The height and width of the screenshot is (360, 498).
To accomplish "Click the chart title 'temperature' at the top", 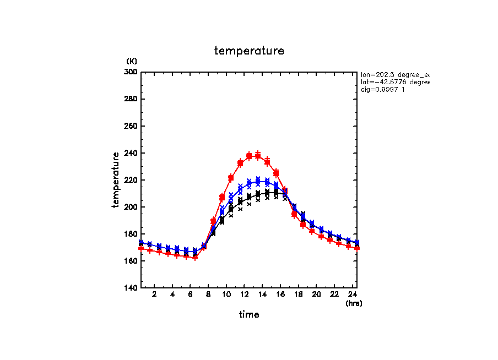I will coord(249,51).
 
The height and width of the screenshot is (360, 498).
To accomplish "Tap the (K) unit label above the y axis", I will coord(132,61).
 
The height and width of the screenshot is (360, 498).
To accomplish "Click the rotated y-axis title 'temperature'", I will coord(116,180).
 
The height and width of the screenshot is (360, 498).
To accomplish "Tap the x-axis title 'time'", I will coord(249,314).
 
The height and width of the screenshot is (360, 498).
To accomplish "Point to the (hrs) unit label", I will coord(354,303).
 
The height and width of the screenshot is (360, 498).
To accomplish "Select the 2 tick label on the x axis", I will coord(154,295).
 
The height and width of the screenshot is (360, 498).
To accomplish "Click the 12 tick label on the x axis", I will coord(244,295).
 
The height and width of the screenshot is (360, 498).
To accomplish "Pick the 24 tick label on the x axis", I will coord(352,295).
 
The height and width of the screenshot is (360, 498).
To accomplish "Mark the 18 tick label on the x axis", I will coord(298,295).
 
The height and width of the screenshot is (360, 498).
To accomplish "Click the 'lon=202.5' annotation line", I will coord(394,74).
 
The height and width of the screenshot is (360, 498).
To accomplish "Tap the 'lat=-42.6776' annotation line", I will coord(394,82).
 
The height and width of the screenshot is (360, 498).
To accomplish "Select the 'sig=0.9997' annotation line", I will coord(383,90).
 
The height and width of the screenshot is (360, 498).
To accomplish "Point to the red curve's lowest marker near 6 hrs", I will coord(195,257).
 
